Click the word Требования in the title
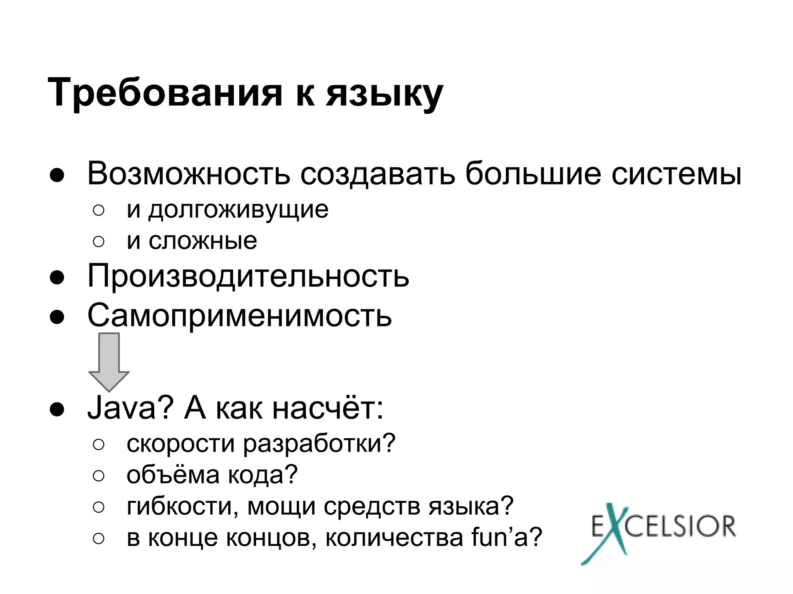pyautogui.click(x=165, y=93)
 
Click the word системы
pyautogui.click(x=676, y=174)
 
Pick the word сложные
pyautogui.click(x=203, y=241)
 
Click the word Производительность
pyautogui.click(x=248, y=276)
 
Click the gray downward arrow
pyautogui.click(x=109, y=362)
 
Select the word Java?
pyautogui.click(x=129, y=408)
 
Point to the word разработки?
pyautogui.click(x=319, y=444)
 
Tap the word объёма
pyautogui.click(x=173, y=475)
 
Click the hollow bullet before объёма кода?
pyautogui.click(x=98, y=476)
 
